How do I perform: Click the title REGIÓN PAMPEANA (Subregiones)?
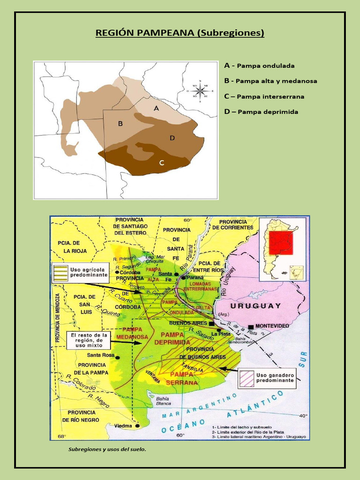(180, 33)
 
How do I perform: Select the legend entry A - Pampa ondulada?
(259, 66)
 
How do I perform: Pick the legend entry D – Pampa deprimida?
(261, 112)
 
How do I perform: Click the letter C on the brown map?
(161, 163)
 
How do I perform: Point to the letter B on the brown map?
(120, 124)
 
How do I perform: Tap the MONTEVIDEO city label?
(273, 325)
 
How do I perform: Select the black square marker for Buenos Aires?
(212, 323)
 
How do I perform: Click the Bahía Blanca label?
(164, 400)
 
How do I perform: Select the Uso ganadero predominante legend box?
(268, 378)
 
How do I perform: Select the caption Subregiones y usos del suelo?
(107, 449)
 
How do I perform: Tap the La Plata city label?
(220, 334)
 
